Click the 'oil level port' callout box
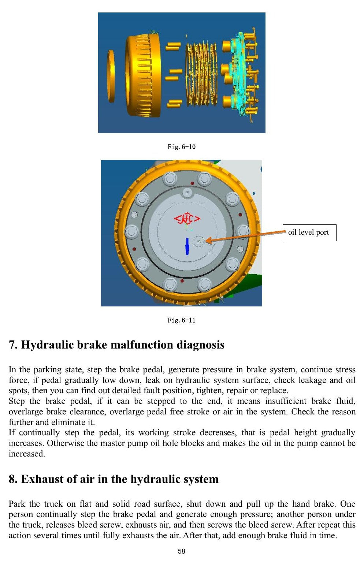pyautogui.click(x=309, y=233)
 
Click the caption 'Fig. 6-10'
pyautogui.click(x=182, y=147)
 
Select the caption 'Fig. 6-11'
pyautogui.click(x=182, y=320)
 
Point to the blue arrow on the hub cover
pyautogui.click(x=187, y=246)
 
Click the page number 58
pyautogui.click(x=182, y=551)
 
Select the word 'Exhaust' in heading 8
pyautogui.click(x=40, y=479)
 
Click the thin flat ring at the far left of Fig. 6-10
pyautogui.click(x=111, y=76)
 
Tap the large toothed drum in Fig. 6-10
pyautogui.click(x=143, y=75)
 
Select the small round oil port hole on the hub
pyautogui.click(x=198, y=242)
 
